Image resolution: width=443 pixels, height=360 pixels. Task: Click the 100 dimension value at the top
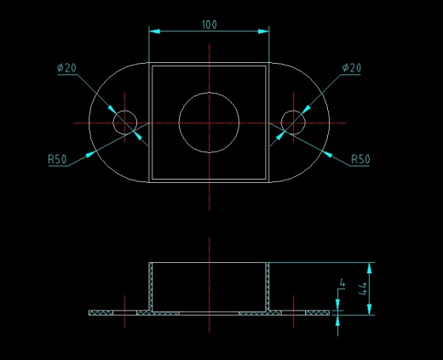coord(210,25)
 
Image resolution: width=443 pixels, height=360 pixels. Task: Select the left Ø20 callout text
coord(66,68)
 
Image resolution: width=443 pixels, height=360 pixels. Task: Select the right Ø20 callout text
coord(352,68)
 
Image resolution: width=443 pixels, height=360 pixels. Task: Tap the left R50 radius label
coord(57,159)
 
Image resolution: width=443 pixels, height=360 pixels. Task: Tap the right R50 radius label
coord(360,159)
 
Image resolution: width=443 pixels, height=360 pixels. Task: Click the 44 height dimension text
coord(363,289)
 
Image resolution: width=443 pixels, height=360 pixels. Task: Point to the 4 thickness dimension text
coord(342,283)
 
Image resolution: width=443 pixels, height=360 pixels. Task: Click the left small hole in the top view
coord(125,111)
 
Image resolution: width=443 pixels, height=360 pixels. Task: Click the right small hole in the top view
coord(293,111)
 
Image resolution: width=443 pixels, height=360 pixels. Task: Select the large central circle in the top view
coord(209,93)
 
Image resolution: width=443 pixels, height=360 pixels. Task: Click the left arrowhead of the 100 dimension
coord(154,31)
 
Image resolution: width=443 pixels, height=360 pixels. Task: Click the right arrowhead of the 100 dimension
coord(263,31)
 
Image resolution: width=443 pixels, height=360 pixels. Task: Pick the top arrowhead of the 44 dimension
coord(369,268)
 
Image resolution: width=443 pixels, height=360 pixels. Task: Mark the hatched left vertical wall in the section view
coord(151,287)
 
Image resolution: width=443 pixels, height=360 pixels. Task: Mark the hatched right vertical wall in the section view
coord(268,287)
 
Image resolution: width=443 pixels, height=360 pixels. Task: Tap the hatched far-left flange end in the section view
coord(101,312)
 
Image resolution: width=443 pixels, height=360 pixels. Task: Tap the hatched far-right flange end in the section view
coord(318,312)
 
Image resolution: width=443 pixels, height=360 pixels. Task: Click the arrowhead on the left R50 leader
coord(90,155)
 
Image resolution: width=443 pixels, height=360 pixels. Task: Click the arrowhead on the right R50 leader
coord(327,155)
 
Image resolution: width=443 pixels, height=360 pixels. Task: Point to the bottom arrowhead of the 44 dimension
coord(369,309)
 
